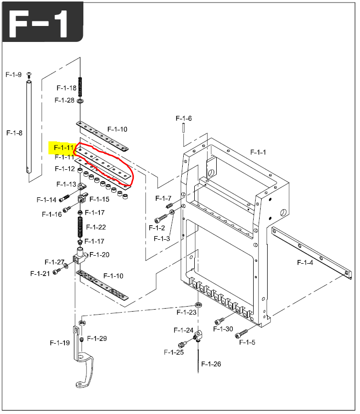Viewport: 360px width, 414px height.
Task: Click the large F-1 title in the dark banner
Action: click(x=39, y=23)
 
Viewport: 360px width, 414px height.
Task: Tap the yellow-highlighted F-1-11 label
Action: click(x=63, y=147)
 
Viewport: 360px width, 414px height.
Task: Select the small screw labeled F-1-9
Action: click(x=29, y=75)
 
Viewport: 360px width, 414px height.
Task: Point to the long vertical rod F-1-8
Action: click(x=29, y=127)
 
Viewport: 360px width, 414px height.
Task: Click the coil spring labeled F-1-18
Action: click(x=80, y=87)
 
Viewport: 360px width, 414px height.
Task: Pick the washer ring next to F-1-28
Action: click(x=80, y=101)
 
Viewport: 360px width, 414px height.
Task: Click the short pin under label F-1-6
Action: click(x=183, y=128)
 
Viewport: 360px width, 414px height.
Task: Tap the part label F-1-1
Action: click(x=258, y=152)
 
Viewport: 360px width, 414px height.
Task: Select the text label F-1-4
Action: click(x=305, y=263)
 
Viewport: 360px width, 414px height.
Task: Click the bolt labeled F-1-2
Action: click(x=161, y=219)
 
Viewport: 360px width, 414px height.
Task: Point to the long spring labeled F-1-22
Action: click(x=80, y=227)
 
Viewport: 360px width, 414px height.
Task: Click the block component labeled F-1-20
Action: click(x=80, y=255)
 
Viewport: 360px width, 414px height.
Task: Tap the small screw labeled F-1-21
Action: click(x=56, y=271)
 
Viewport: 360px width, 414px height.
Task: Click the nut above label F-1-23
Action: click(x=199, y=304)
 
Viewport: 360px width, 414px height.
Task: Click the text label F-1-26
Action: click(x=211, y=364)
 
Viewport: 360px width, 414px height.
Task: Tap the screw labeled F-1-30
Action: click(x=220, y=321)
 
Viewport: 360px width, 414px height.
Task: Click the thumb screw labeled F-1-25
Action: click(x=182, y=344)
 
